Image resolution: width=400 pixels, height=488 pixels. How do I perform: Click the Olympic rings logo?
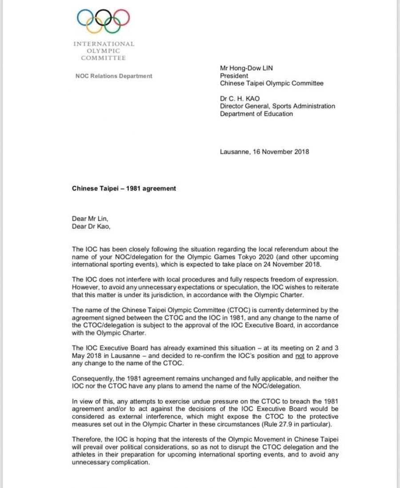(x=104, y=20)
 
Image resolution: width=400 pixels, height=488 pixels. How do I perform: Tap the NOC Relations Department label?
(x=114, y=76)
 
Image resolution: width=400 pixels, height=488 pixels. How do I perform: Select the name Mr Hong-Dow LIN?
(x=246, y=68)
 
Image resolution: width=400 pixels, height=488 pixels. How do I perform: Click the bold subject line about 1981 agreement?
(x=124, y=188)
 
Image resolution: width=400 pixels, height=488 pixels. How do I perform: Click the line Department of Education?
(x=256, y=114)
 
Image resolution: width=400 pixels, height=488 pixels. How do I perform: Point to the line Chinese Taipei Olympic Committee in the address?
(x=272, y=83)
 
